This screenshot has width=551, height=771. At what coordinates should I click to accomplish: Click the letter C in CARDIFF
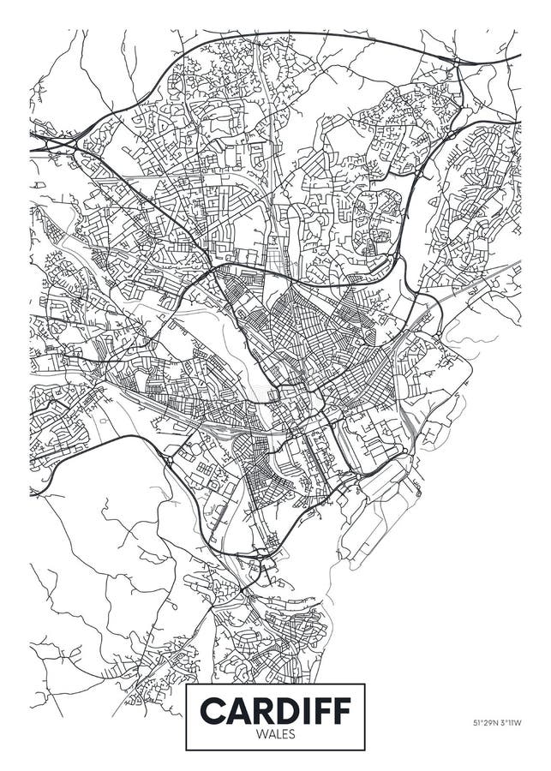pos(214,711)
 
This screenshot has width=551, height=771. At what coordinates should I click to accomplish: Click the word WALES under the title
pos(276,734)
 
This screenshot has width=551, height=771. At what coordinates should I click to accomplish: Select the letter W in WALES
pos(262,734)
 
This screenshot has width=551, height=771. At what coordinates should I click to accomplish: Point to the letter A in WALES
pos(270,734)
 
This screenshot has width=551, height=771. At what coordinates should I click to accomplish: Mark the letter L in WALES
pos(277,734)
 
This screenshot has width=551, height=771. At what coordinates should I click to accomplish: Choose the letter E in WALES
pos(283,734)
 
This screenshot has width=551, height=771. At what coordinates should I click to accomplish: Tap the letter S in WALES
pos(290,734)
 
